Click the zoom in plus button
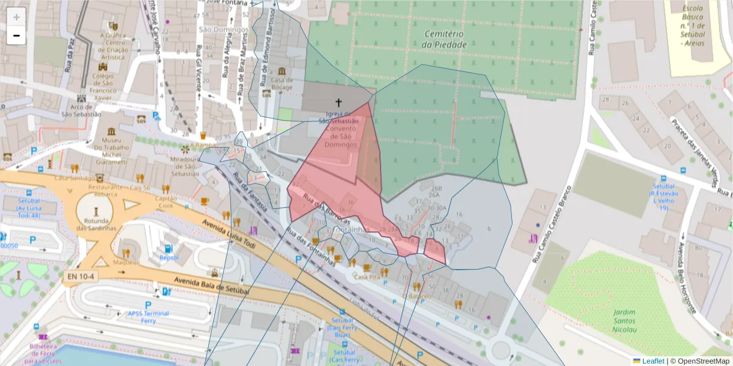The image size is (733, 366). click(x=16, y=17)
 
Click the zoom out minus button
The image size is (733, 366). click(x=16, y=35)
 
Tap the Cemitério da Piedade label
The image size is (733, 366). click(x=445, y=39)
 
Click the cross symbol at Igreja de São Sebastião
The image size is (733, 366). click(x=338, y=102)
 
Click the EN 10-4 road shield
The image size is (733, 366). click(x=79, y=276)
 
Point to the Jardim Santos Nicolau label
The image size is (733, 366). click(x=623, y=321)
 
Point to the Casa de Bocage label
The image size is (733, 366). click(x=282, y=83)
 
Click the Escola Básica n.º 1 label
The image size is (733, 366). click(x=692, y=26)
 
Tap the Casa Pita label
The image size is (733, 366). click(x=367, y=277)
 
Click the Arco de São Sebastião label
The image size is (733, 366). click(x=81, y=110)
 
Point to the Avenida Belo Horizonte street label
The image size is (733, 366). click(x=687, y=278)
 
